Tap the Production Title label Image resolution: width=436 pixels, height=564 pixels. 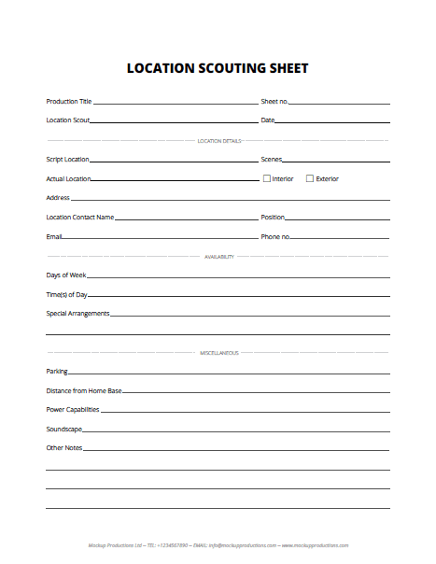[69, 101]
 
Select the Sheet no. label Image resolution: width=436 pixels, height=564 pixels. [274, 101]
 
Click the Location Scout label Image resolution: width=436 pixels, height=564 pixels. [67, 120]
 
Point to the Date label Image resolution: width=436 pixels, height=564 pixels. [267, 120]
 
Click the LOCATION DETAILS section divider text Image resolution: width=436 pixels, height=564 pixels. [218, 141]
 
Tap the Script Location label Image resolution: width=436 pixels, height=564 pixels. [67, 160]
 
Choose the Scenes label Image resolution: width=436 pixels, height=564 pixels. [271, 160]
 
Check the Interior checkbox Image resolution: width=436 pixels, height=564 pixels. [267, 178]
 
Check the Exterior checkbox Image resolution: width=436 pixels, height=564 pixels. [310, 178]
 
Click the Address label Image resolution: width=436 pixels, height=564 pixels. [58, 198]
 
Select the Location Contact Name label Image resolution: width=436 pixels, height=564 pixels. [79, 218]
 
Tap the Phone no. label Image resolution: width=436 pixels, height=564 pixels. [274, 237]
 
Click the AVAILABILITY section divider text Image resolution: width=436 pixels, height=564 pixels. [218, 256]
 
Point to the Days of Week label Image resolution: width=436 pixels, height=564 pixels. [65, 275]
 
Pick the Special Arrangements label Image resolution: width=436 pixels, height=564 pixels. [77, 314]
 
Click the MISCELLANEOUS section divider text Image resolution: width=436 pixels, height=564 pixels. [218, 353]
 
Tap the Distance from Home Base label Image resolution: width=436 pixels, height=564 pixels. [83, 390]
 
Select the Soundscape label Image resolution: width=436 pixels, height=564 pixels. [63, 430]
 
